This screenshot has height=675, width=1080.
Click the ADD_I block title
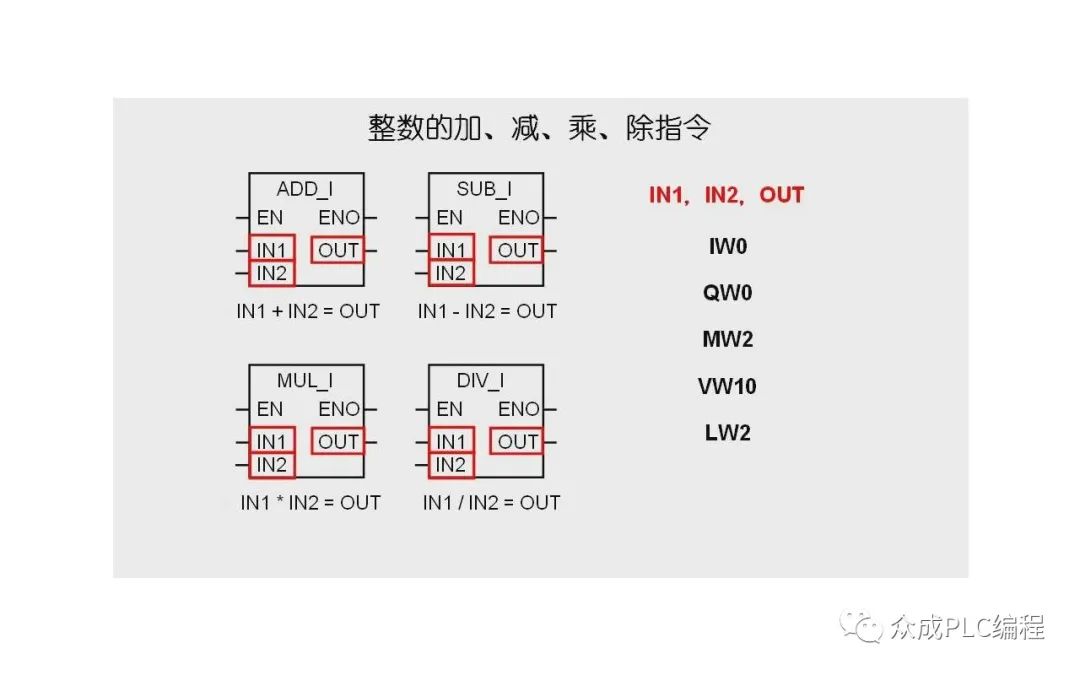[x=305, y=189]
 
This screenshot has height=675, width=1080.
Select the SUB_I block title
[x=485, y=189]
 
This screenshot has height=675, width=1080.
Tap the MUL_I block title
[x=305, y=381]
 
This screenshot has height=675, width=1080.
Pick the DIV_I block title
[x=481, y=381]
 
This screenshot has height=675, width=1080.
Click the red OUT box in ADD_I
[x=338, y=250]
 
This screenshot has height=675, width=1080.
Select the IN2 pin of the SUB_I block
[x=451, y=273]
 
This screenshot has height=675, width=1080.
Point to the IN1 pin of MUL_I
[x=271, y=441]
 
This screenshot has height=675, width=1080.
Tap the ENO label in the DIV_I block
[x=519, y=409]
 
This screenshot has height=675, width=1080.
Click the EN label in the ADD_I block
[x=270, y=217]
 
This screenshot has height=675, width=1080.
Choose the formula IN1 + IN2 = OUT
[x=308, y=311]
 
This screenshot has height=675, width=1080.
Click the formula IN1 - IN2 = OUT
[x=487, y=311]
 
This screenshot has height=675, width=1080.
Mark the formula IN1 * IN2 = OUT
[x=310, y=502]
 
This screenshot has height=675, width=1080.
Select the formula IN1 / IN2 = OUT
[x=491, y=502]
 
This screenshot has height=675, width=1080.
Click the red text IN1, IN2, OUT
[x=726, y=195]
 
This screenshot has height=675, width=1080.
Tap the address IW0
[x=727, y=246]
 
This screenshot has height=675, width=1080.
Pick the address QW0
[x=727, y=293]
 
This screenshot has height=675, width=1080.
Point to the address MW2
[x=727, y=339]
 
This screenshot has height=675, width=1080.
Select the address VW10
[x=727, y=386]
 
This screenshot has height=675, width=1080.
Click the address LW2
[x=727, y=433]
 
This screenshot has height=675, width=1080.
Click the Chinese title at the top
[x=540, y=128]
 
